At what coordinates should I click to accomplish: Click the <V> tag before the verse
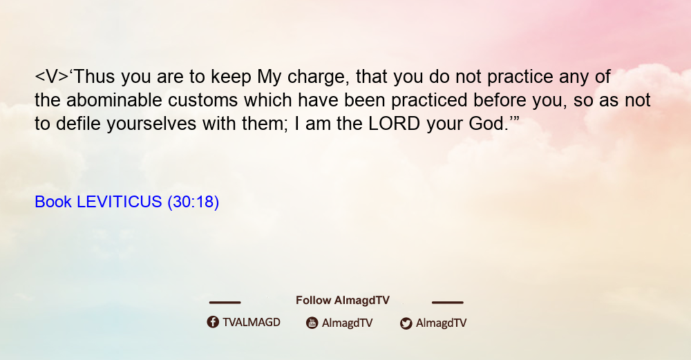(x=52, y=77)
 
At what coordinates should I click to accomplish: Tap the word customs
(x=203, y=100)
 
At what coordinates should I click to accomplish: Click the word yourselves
(x=151, y=124)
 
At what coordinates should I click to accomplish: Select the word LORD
(x=395, y=124)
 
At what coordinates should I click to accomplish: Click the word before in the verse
(x=500, y=100)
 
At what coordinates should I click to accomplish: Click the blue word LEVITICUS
(x=120, y=202)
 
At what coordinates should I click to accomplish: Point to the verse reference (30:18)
(x=193, y=202)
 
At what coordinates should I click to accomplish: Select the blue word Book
(x=53, y=202)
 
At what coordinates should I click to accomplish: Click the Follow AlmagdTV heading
(x=343, y=300)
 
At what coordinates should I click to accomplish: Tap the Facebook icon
(x=213, y=322)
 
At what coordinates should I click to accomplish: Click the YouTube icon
(x=312, y=323)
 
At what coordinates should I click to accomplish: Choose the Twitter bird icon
(x=406, y=323)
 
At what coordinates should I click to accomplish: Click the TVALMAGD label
(x=252, y=323)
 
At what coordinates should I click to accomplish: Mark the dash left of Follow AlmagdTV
(x=225, y=303)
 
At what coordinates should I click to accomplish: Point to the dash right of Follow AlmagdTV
(x=447, y=303)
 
